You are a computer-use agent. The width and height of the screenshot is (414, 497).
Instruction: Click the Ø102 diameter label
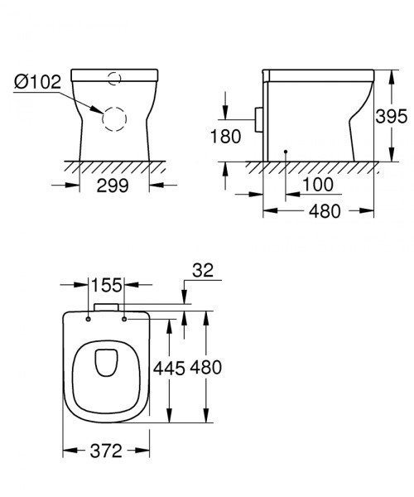point(37,82)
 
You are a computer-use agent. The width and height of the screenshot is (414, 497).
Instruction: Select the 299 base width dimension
point(113,186)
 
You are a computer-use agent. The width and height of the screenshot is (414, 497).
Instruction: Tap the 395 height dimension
point(391,116)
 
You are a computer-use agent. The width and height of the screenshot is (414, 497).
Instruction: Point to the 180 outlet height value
point(225,137)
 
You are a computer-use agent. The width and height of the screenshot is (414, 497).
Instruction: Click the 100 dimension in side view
point(318,185)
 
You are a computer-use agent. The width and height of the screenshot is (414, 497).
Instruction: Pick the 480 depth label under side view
point(325,211)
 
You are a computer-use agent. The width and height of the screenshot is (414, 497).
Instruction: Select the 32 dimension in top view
point(203,271)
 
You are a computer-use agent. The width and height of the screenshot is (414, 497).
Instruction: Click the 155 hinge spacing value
point(107,285)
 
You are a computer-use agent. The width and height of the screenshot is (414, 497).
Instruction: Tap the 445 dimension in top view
point(169,369)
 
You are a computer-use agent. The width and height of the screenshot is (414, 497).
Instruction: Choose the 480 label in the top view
point(206,368)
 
